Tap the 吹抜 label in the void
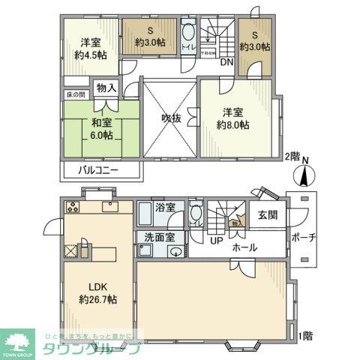(171, 118)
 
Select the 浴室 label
(165, 208)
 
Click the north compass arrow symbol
(304, 178)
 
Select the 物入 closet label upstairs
(107, 88)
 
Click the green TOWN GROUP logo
(18, 341)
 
